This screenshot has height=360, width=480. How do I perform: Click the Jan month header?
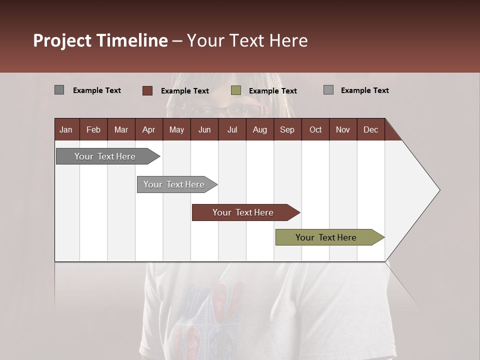[66, 129]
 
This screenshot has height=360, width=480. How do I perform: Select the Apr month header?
[148, 129]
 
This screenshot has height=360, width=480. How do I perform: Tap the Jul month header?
[232, 129]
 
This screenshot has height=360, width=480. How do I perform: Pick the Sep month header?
[287, 129]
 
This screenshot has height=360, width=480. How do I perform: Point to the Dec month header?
[370, 129]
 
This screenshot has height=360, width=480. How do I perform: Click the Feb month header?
[93, 129]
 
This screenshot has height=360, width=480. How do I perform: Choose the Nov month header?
[342, 129]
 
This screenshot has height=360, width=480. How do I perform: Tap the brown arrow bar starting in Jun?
[243, 212]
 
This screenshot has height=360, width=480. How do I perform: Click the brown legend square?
[147, 90]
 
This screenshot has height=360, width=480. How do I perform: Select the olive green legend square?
[236, 90]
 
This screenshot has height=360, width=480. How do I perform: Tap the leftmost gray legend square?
[59, 90]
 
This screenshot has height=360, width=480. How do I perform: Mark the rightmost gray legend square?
[328, 90]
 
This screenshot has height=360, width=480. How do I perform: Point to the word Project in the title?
[62, 40]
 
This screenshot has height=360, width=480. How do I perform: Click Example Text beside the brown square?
[184, 91]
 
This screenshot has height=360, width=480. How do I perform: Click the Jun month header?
[204, 129]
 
